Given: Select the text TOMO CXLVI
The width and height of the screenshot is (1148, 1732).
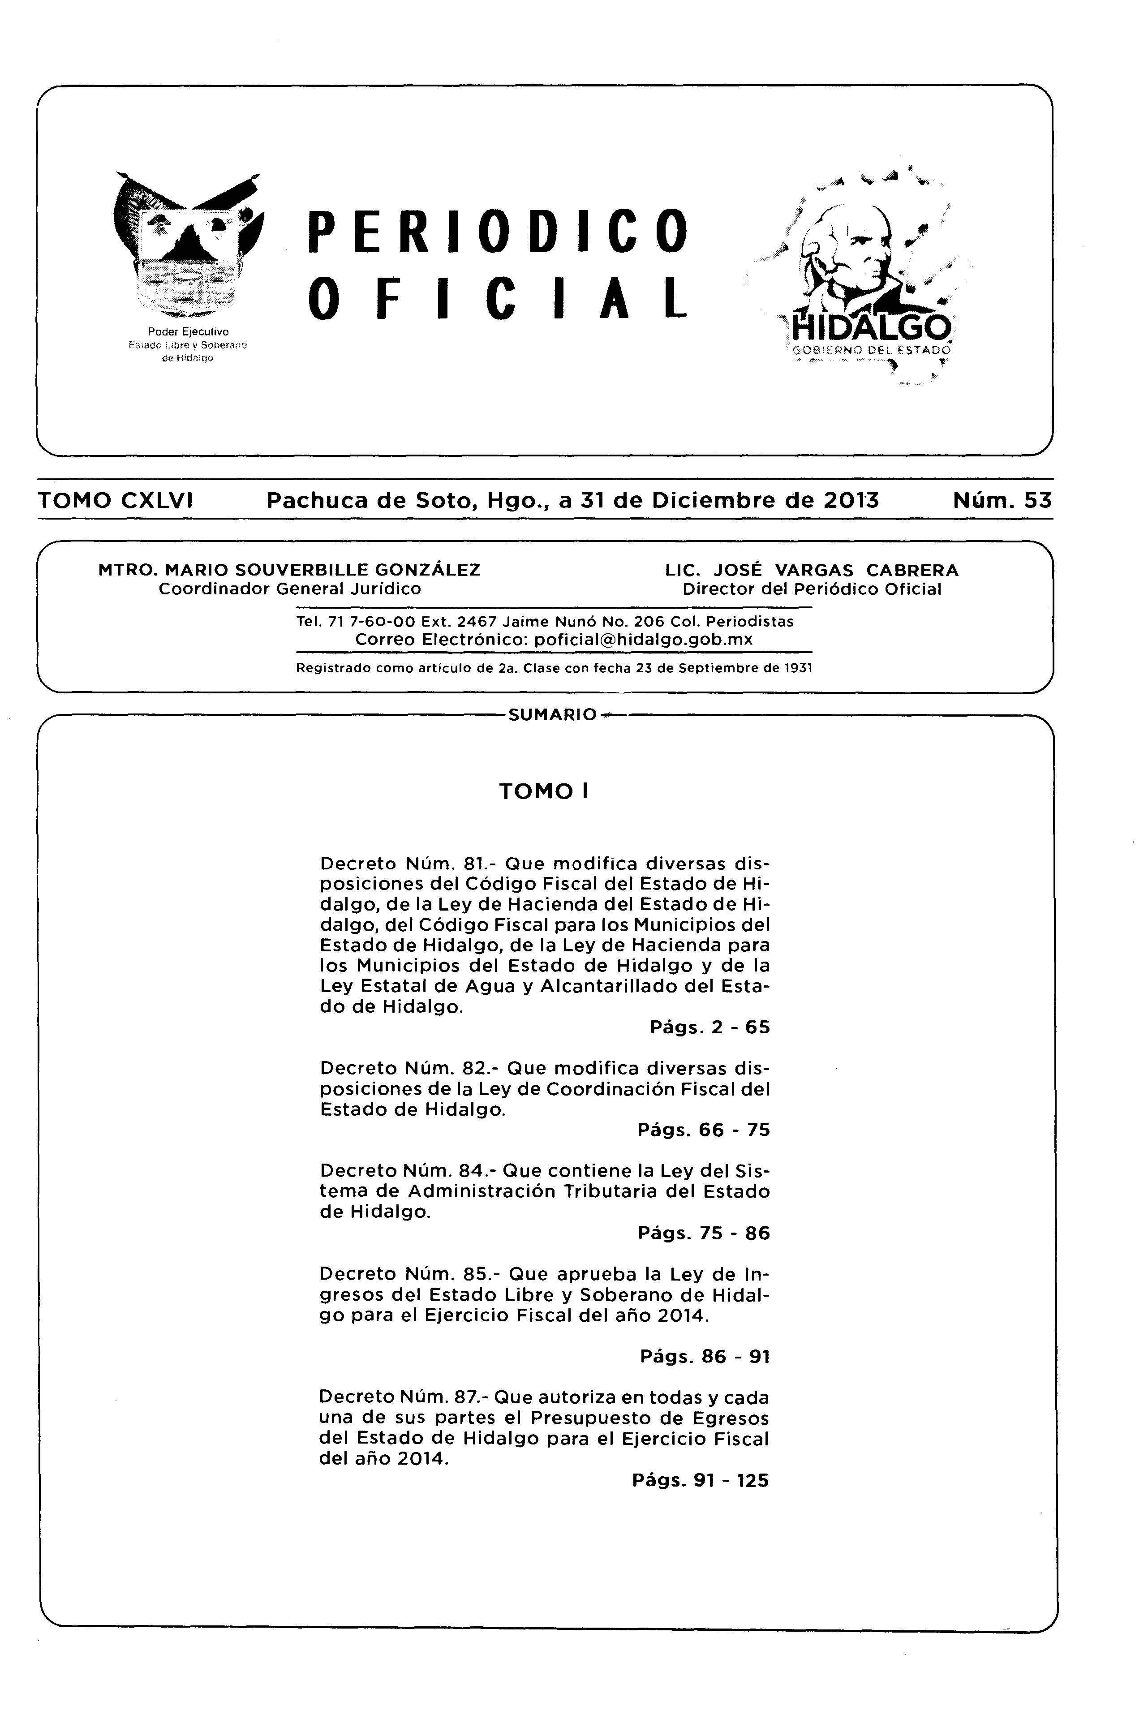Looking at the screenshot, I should [x=115, y=501].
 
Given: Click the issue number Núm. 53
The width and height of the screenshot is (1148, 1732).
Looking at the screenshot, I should [x=1002, y=501].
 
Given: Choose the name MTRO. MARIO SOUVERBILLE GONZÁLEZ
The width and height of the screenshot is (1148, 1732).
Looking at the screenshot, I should [x=289, y=570].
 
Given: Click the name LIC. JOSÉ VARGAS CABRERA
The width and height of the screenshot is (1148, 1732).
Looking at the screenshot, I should [x=811, y=570].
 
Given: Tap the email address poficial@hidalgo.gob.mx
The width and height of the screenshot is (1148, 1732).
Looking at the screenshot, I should [x=643, y=639].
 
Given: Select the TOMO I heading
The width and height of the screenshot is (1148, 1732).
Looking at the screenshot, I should [x=544, y=791].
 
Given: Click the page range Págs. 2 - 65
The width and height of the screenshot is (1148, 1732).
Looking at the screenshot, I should [x=709, y=1027].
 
